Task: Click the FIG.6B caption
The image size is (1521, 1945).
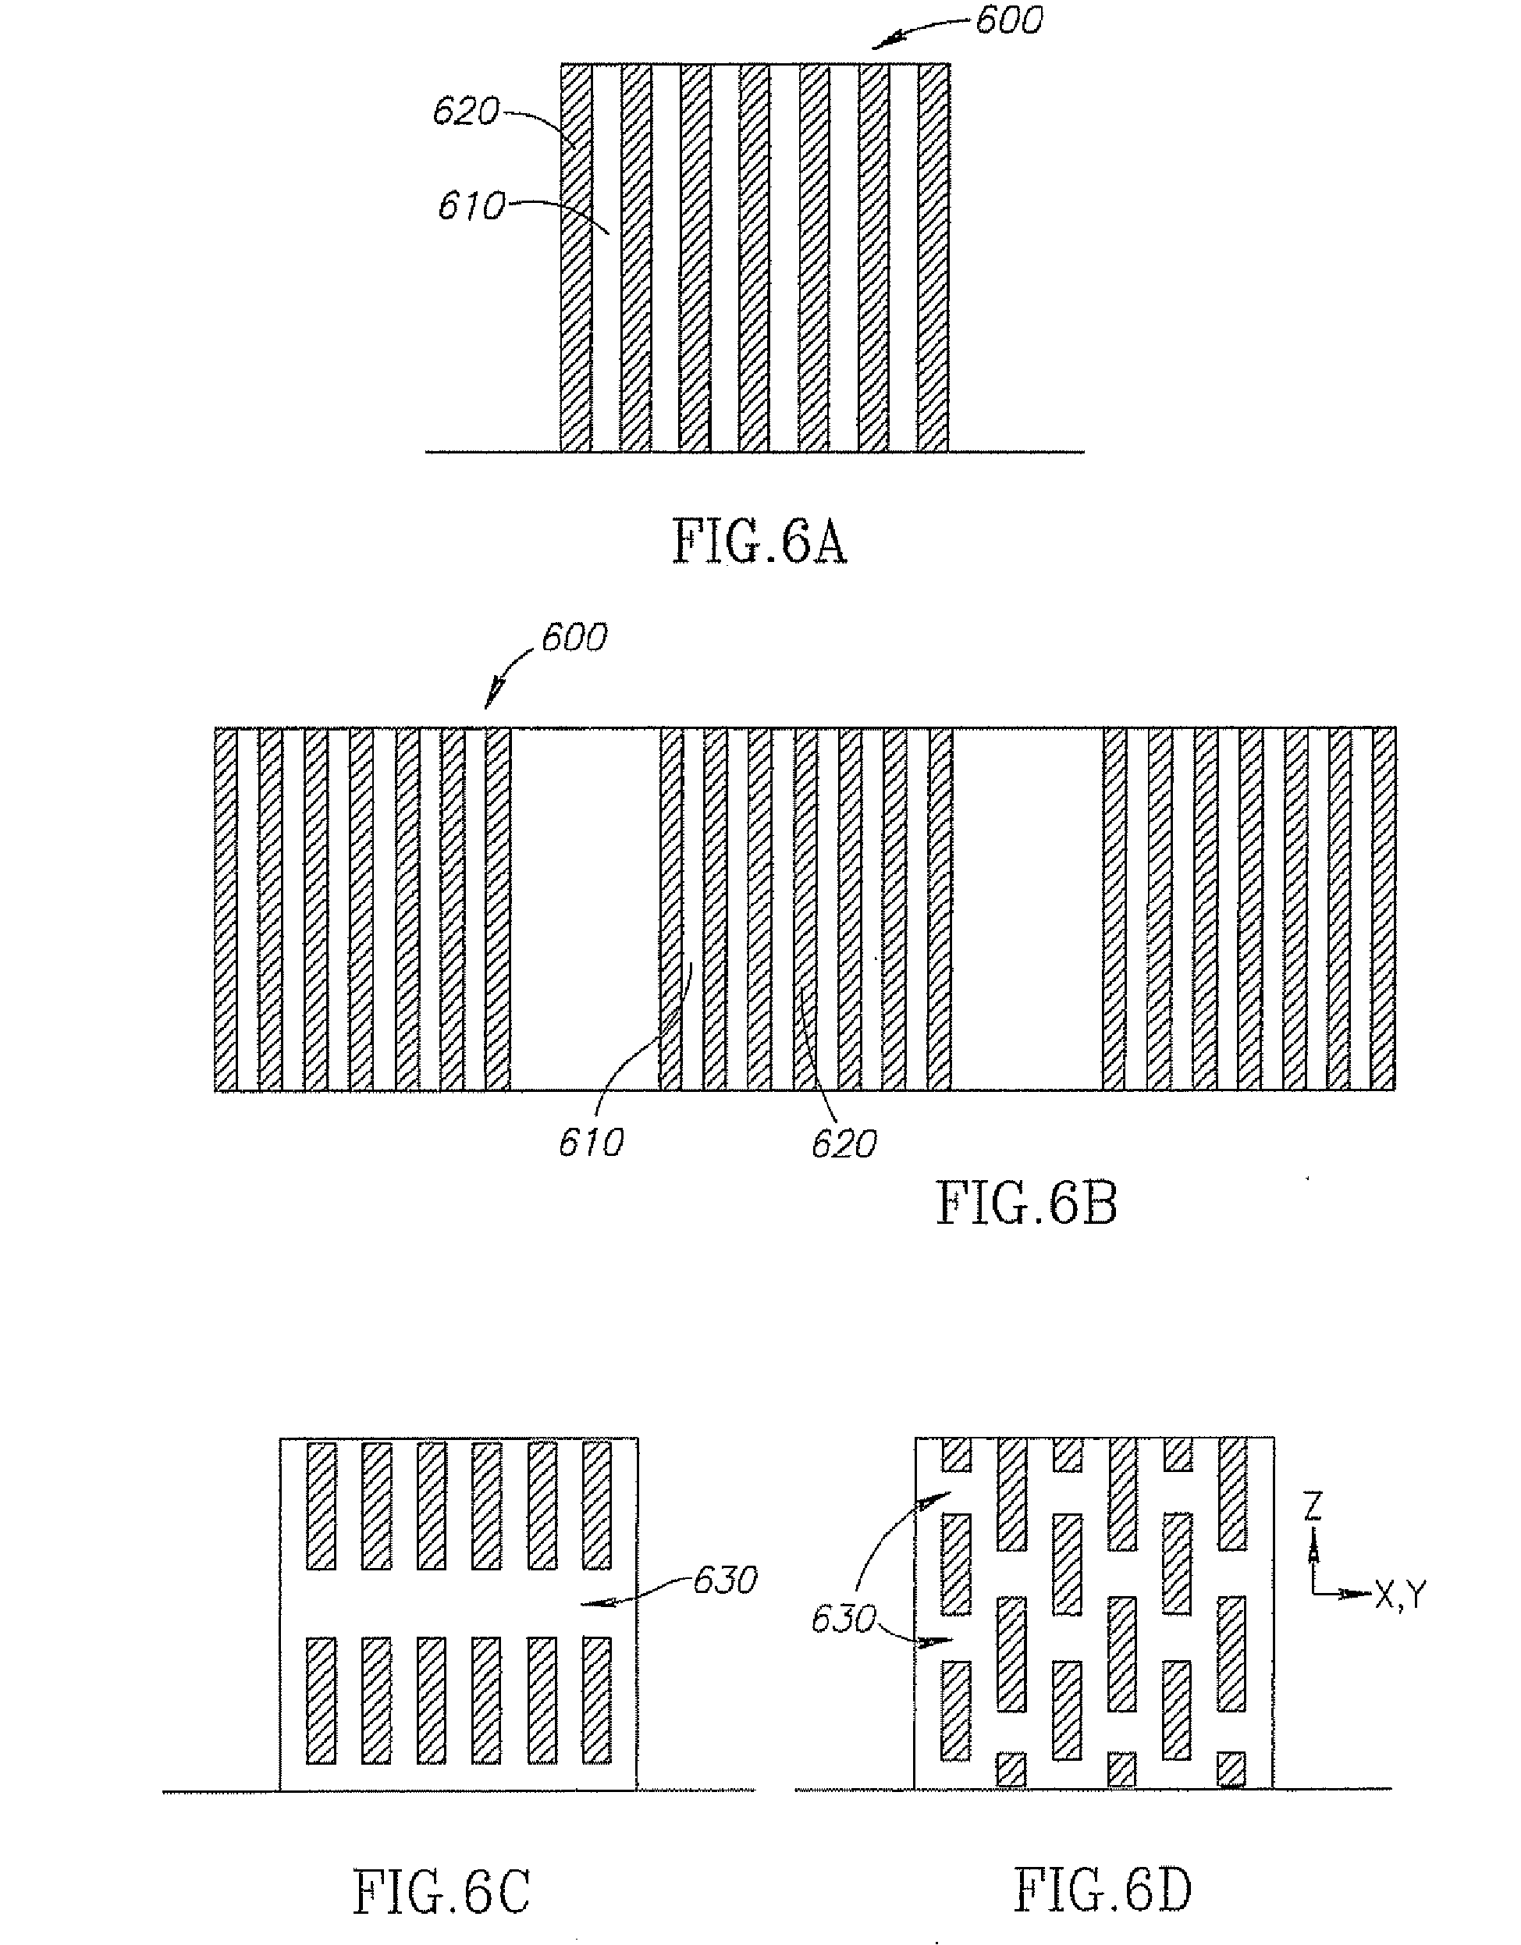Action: (1027, 1204)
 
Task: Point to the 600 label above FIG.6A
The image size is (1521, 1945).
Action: (1008, 20)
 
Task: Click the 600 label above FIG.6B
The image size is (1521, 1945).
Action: (574, 638)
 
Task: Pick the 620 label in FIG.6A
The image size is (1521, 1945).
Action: (465, 112)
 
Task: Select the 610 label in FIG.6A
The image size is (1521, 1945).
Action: (471, 207)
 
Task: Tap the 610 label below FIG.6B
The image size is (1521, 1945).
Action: (592, 1143)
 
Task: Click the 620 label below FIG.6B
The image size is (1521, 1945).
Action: (844, 1144)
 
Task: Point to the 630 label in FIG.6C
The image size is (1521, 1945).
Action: (726, 1581)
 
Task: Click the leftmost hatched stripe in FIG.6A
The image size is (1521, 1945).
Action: (575, 258)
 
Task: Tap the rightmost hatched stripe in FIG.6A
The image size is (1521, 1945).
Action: (933, 258)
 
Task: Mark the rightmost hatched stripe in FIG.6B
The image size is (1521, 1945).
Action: (1384, 908)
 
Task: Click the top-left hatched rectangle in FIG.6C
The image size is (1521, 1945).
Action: (322, 1506)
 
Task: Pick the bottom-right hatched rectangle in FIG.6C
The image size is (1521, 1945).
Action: (597, 1700)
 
